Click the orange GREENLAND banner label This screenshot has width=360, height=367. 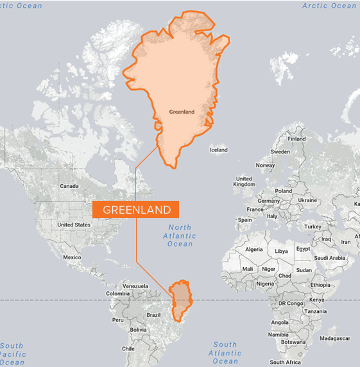coord(137,210)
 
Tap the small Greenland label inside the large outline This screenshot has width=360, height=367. coord(182,112)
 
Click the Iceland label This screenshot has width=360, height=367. coord(218,150)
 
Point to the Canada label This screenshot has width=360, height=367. coord(69,186)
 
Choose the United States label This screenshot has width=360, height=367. coord(74,225)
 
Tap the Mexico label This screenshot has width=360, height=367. coord(72,257)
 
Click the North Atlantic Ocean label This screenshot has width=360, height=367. coord(180,235)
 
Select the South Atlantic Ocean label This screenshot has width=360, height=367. coord(225,352)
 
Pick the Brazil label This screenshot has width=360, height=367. coord(153,315)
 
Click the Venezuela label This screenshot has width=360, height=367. coord(135,286)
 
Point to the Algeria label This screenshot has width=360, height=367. coord(254,249)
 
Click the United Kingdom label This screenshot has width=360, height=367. coord(244,182)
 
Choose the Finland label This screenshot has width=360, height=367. coord(296,139)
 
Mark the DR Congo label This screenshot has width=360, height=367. coord(290,302)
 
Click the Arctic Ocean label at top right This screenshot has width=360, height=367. coord(329,6)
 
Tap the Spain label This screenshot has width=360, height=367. coord(244,219)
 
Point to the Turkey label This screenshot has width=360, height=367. coord(313,226)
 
